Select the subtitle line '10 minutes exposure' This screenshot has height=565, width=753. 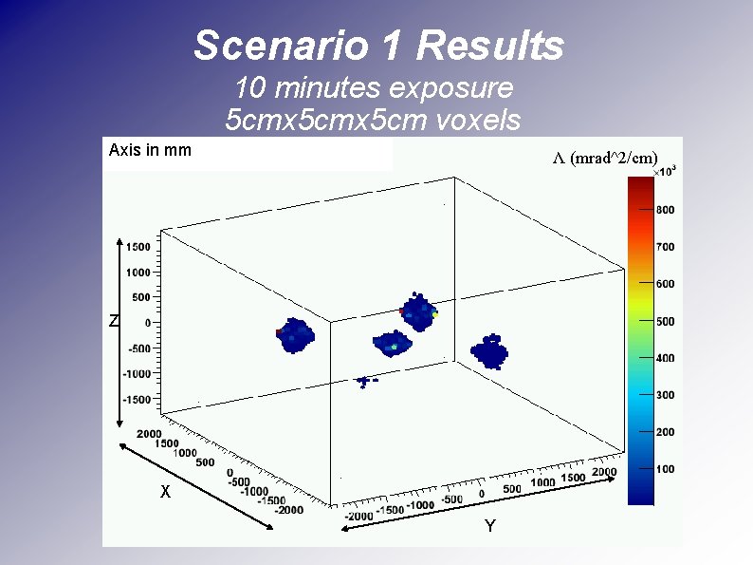pyautogui.click(x=374, y=88)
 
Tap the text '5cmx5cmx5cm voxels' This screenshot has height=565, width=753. pyautogui.click(x=374, y=120)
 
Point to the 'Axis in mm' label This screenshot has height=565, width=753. pyautogui.click(x=150, y=150)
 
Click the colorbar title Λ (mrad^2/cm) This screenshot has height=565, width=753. pyautogui.click(x=605, y=158)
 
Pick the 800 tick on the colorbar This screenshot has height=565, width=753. pyautogui.click(x=665, y=210)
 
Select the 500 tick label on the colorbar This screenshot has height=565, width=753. pyautogui.click(x=665, y=321)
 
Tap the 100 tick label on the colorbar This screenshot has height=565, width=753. pyautogui.click(x=665, y=469)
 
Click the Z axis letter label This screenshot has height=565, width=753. pyautogui.click(x=113, y=322)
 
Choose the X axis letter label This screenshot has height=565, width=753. pyautogui.click(x=165, y=493)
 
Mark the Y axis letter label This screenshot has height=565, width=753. pyautogui.click(x=489, y=526)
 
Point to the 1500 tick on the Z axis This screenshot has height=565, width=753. pyautogui.click(x=138, y=247)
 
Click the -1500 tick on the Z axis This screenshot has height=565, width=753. pyautogui.click(x=136, y=400)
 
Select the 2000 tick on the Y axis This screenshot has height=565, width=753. pyautogui.click(x=603, y=473)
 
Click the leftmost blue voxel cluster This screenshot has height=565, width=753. pyautogui.click(x=295, y=335)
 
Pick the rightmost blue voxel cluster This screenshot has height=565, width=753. pyautogui.click(x=491, y=351)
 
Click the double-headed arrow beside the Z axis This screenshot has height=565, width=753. pyautogui.click(x=119, y=332)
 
